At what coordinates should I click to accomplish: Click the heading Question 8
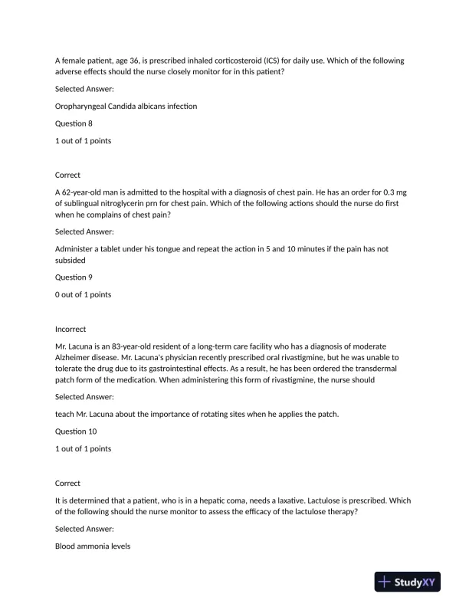click(x=74, y=123)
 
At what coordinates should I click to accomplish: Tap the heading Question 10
click(x=76, y=431)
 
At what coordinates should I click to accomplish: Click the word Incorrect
click(x=71, y=329)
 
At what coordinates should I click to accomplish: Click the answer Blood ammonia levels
click(x=93, y=546)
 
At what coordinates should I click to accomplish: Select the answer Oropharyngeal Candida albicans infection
click(x=126, y=106)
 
